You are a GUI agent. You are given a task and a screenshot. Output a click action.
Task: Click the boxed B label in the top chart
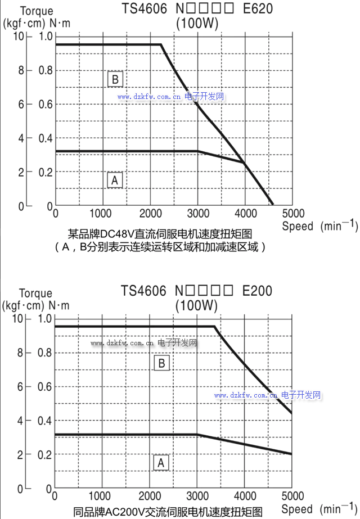pyautogui.click(x=115, y=79)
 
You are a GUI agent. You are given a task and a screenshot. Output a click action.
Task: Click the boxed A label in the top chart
pyautogui.click(x=115, y=180)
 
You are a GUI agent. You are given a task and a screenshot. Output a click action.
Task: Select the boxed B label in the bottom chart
pyautogui.click(x=161, y=363)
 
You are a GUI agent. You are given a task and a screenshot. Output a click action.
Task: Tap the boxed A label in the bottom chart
pyautogui.click(x=161, y=463)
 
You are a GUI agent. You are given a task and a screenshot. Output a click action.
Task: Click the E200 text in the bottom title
pyautogui.click(x=257, y=291)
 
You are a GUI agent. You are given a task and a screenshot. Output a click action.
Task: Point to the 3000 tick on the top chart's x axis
pyautogui.click(x=197, y=214)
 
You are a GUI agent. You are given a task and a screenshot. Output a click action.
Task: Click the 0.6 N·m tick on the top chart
pyautogui.click(x=46, y=105)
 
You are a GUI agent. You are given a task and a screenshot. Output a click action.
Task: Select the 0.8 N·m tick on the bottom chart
pyautogui.click(x=46, y=353)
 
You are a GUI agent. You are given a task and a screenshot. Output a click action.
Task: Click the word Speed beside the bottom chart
pyautogui.click(x=298, y=509)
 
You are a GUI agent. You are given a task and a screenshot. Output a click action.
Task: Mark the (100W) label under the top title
pyautogui.click(x=197, y=24)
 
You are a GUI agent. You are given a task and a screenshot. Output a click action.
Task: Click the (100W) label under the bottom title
pyautogui.click(x=196, y=306)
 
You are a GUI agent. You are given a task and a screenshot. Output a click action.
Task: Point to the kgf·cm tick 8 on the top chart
pyautogui.click(x=21, y=71)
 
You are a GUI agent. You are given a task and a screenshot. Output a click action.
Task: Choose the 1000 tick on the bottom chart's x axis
pyautogui.click(x=100, y=496)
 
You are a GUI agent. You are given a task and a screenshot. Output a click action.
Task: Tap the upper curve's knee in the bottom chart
pyautogui.click(x=215, y=327)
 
